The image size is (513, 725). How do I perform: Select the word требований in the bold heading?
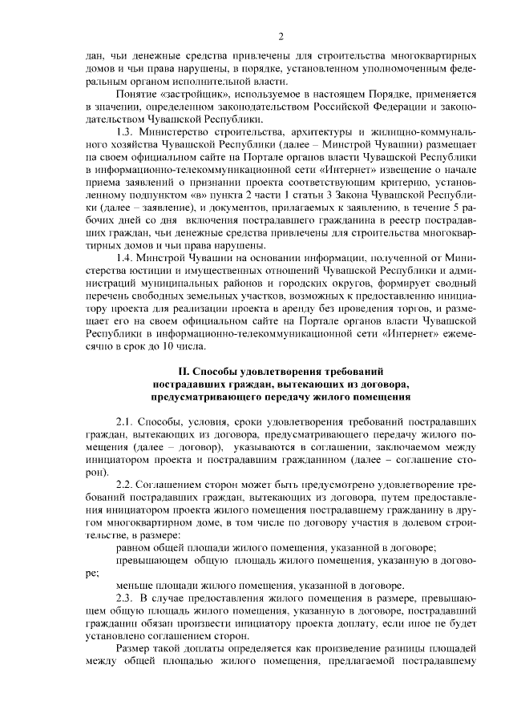tap(353, 371)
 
